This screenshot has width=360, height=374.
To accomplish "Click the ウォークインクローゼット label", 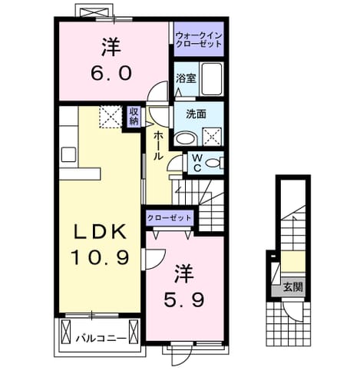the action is [x=199, y=39].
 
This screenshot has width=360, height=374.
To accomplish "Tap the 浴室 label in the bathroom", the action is [x=186, y=78].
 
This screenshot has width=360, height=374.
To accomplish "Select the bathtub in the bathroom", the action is [x=212, y=79].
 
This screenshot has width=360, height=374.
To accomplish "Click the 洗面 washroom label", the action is [x=196, y=114].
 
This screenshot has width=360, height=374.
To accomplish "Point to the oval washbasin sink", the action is [x=186, y=139].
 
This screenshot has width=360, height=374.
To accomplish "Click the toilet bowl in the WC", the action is [x=213, y=163].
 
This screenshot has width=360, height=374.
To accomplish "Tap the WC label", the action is [x=197, y=163].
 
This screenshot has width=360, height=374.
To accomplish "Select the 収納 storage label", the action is [x=134, y=117].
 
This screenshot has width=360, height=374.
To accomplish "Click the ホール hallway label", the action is [x=158, y=146].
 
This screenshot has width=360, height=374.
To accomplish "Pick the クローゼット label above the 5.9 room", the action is [x=170, y=218].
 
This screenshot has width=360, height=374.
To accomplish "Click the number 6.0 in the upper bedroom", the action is [x=111, y=73].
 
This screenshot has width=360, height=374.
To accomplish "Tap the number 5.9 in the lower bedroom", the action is [x=184, y=300].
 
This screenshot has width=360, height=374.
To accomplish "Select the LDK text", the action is [x=100, y=232].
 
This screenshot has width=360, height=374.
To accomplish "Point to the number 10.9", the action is [x=100, y=257].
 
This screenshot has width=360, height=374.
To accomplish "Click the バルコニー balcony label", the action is [x=101, y=339].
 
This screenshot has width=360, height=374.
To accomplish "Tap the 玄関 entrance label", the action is [x=293, y=288].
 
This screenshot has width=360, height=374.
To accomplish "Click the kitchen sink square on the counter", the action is [x=68, y=154].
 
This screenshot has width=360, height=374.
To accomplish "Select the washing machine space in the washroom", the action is [x=212, y=136].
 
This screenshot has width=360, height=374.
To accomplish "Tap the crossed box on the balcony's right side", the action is [x=134, y=332].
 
